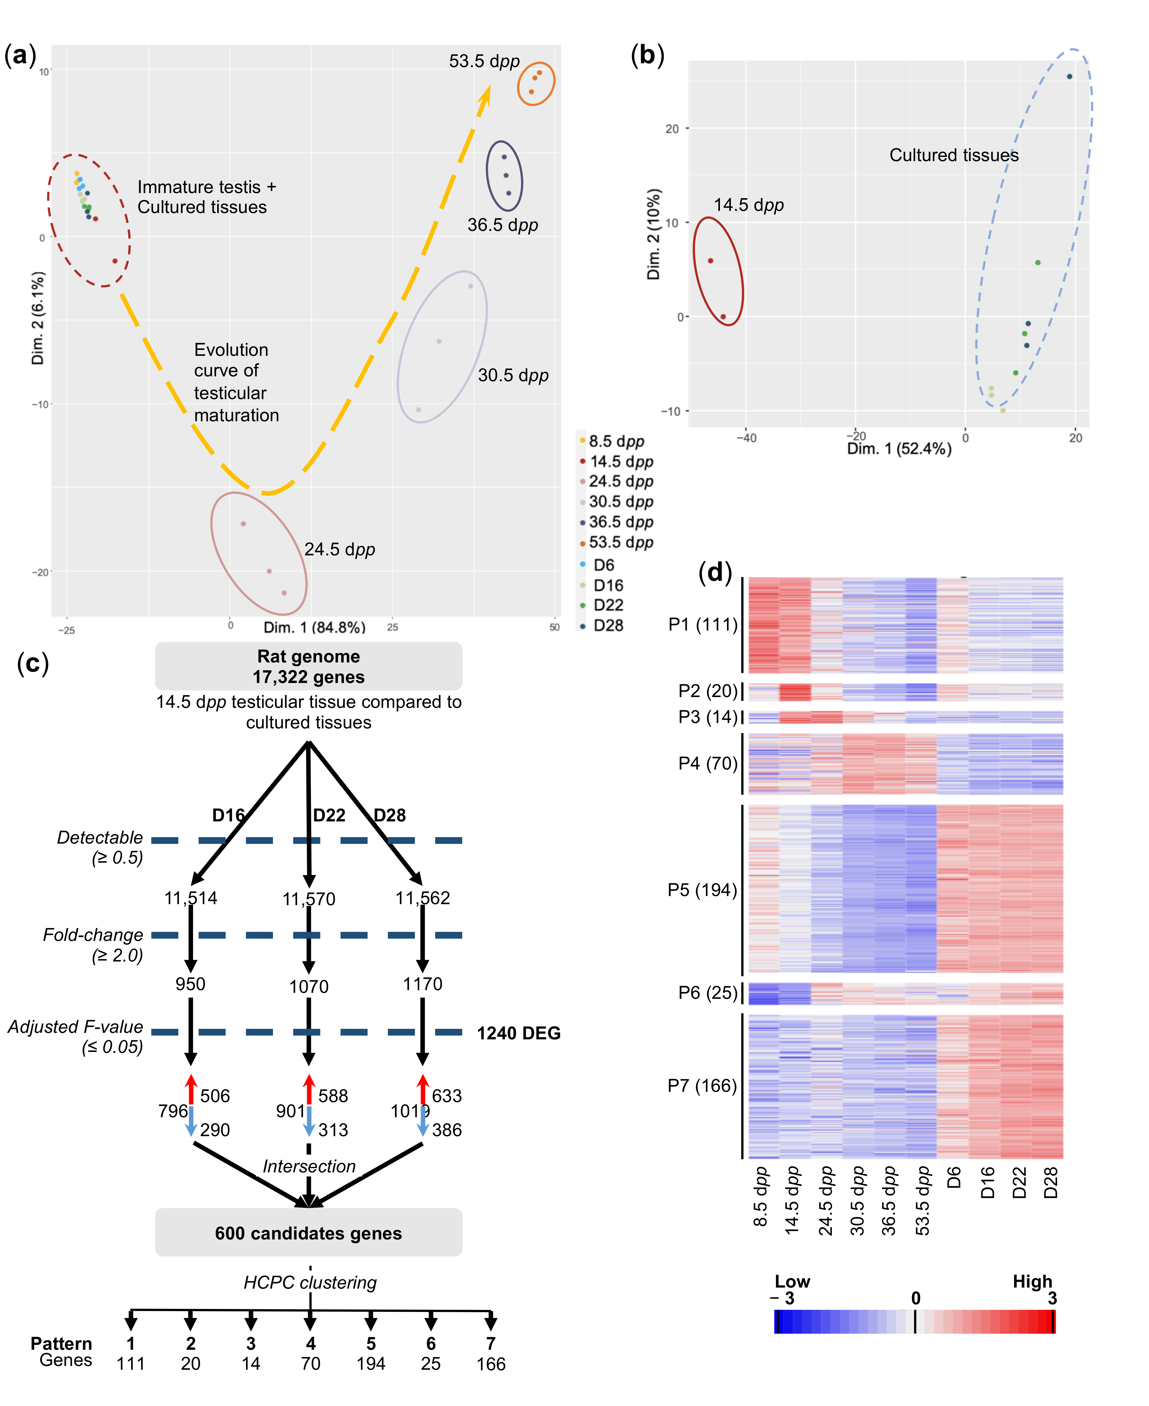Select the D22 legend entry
[607, 605]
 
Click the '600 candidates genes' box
[308, 1233]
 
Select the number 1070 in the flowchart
[308, 986]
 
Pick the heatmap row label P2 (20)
[707, 691]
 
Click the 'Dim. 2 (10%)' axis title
[654, 234]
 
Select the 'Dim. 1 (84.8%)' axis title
[314, 627]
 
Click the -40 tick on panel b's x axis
[747, 437]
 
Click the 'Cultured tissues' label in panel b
[954, 155]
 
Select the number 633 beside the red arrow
[447, 1096]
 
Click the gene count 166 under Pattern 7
[490, 1364]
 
